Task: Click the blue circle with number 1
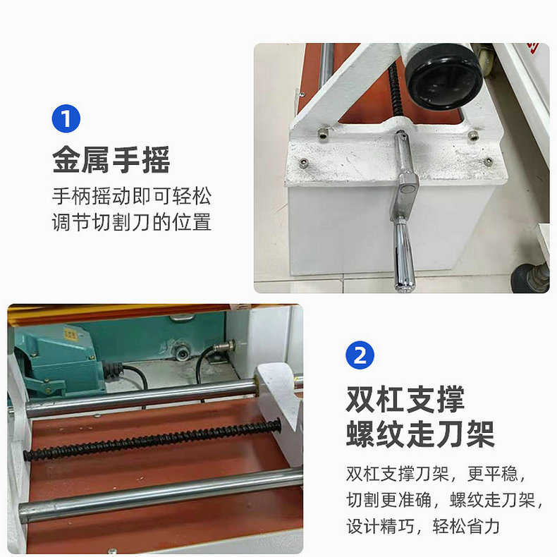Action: click(66, 118)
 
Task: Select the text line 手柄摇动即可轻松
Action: click(132, 195)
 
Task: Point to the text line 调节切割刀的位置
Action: click(132, 222)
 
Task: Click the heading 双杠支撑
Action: click(405, 399)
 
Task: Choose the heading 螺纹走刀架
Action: click(420, 434)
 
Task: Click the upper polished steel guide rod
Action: click(141, 399)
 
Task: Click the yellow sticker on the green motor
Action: click(71, 335)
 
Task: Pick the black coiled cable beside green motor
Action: click(114, 369)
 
